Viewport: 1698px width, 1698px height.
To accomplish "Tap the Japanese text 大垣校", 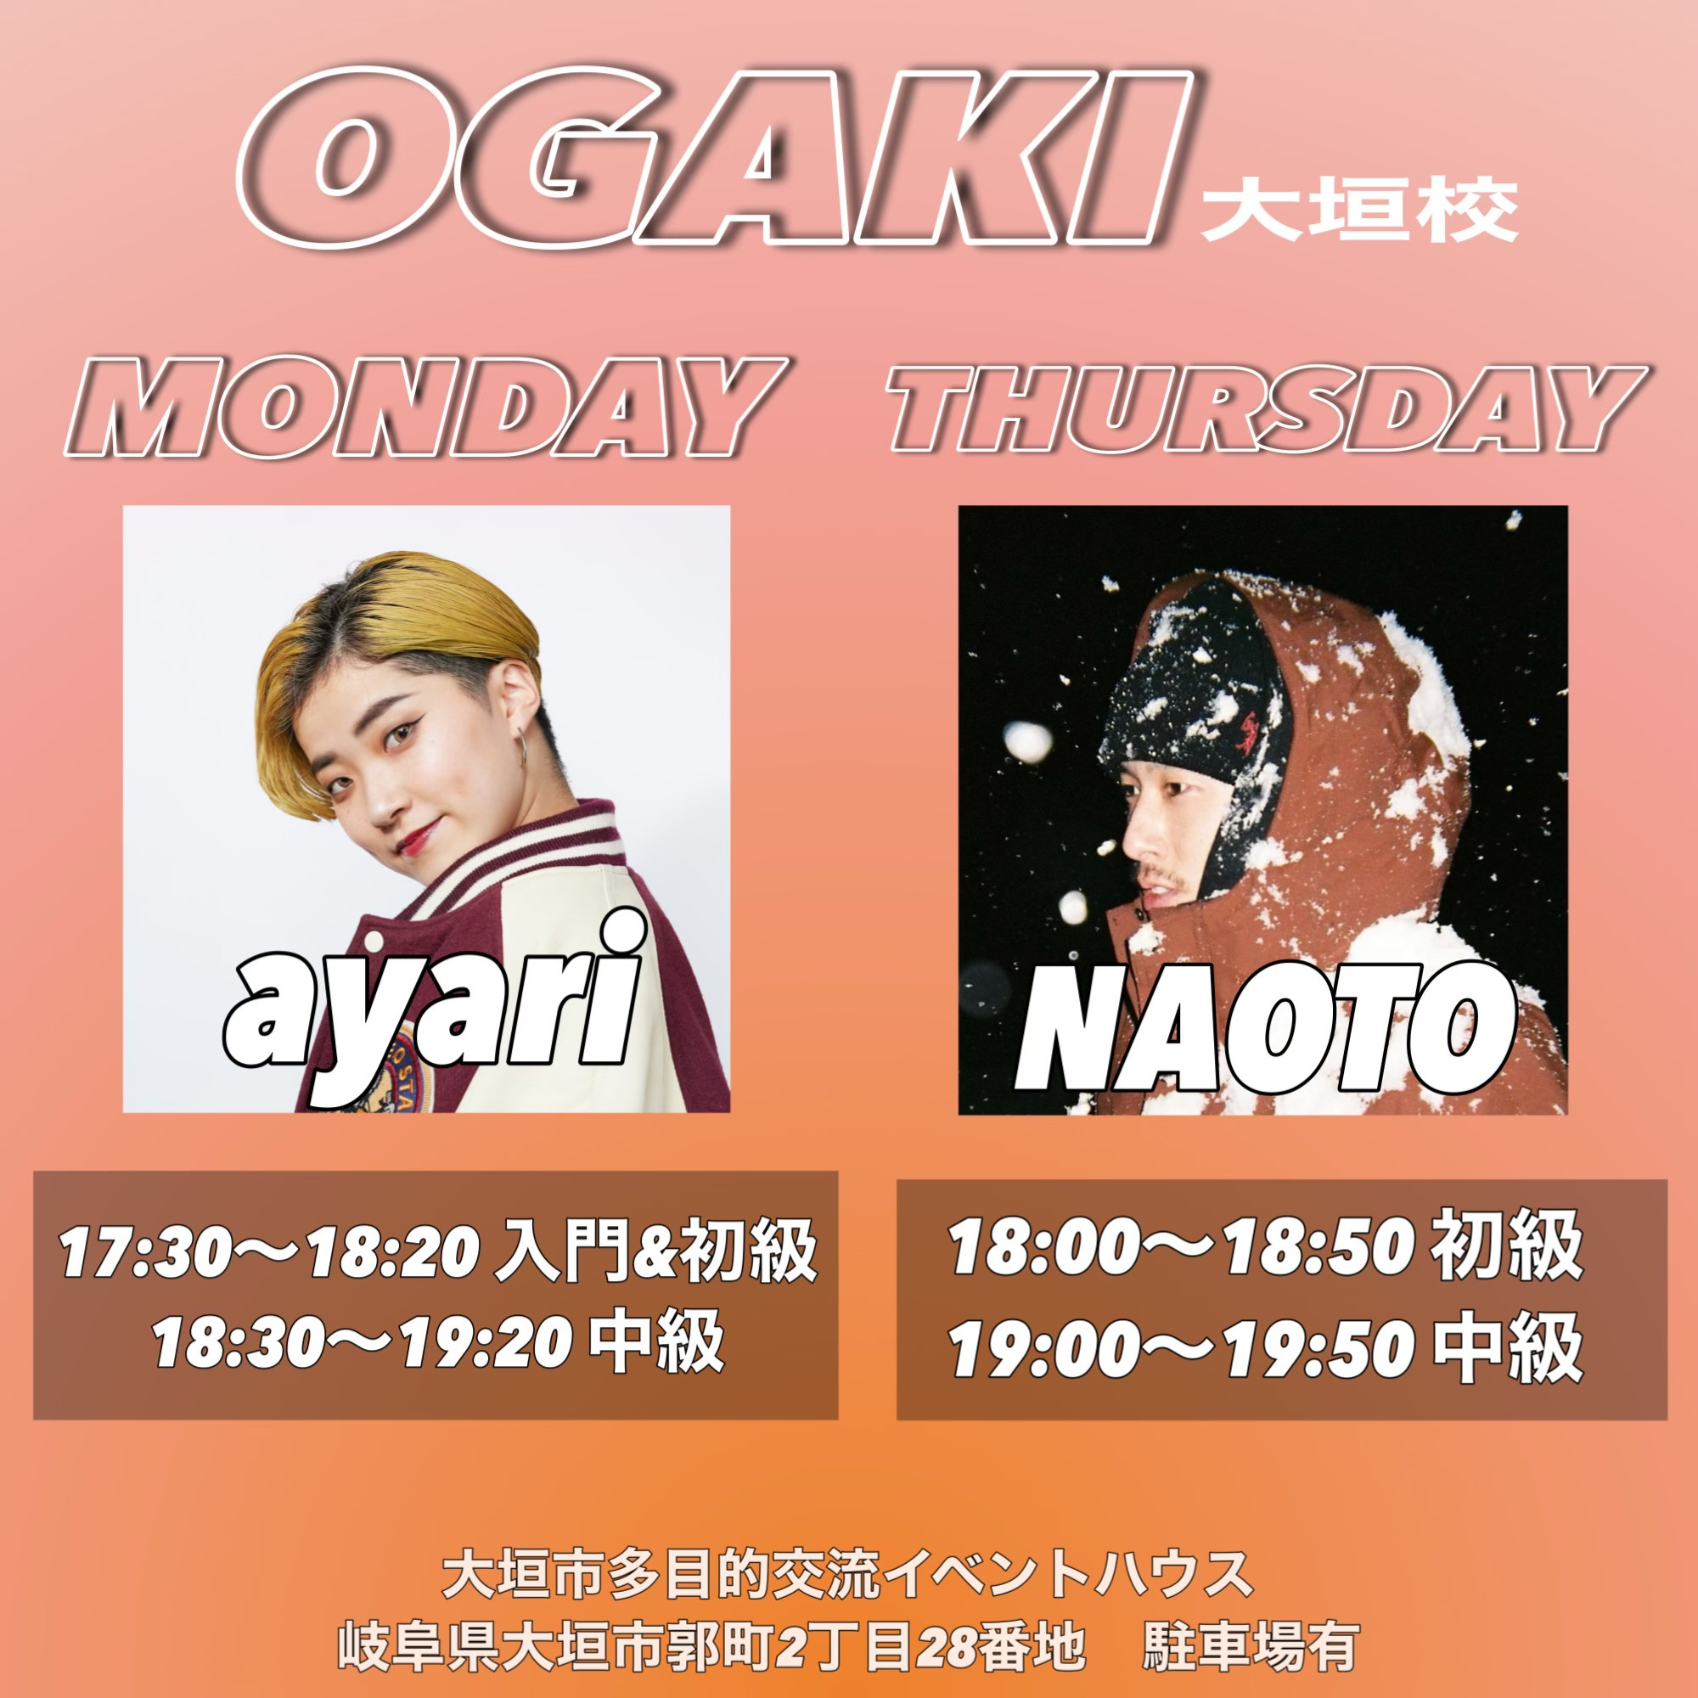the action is coord(1359,211).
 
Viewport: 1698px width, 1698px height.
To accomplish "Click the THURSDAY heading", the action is coord(1266,407).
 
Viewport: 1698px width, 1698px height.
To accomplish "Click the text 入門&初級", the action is coord(656,1251).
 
